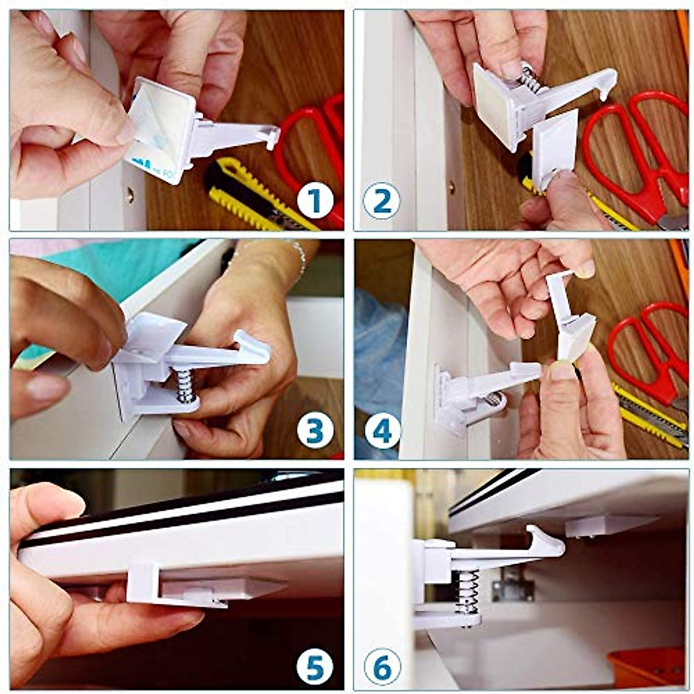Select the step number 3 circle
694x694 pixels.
(x=315, y=431)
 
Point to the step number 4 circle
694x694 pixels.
(x=383, y=431)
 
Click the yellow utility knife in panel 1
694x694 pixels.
(x=254, y=194)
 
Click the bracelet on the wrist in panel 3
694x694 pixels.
(x=299, y=257)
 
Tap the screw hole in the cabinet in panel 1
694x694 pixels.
(x=130, y=195)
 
